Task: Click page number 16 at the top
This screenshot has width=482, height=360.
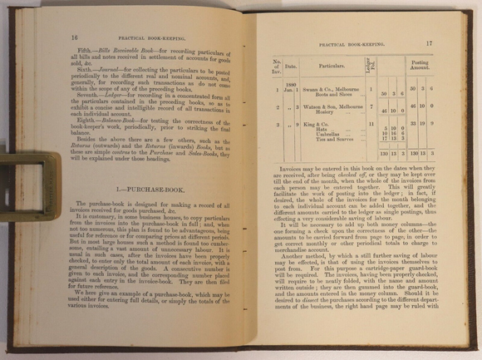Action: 75,37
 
